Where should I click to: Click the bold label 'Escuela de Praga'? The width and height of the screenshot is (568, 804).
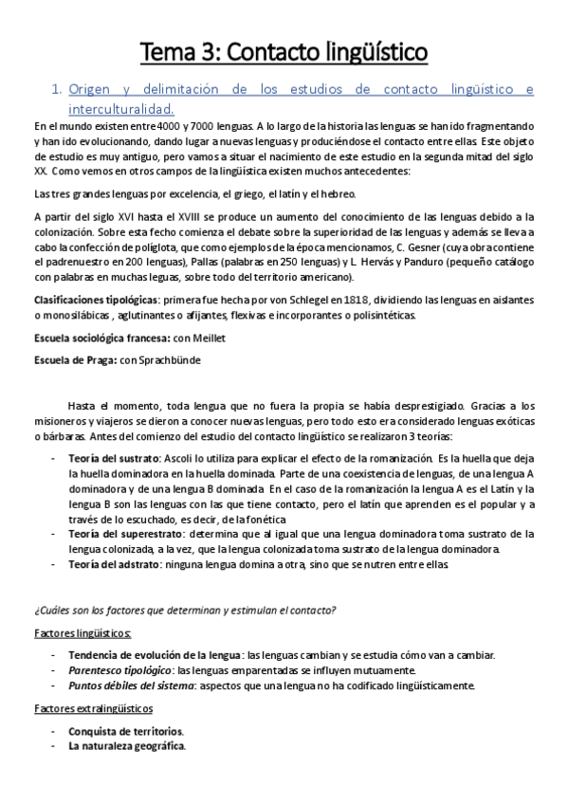[x=72, y=361]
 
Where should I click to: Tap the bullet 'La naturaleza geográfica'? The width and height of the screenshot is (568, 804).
[x=126, y=746]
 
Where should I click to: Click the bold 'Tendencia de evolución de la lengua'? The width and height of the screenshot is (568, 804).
[x=154, y=655]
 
